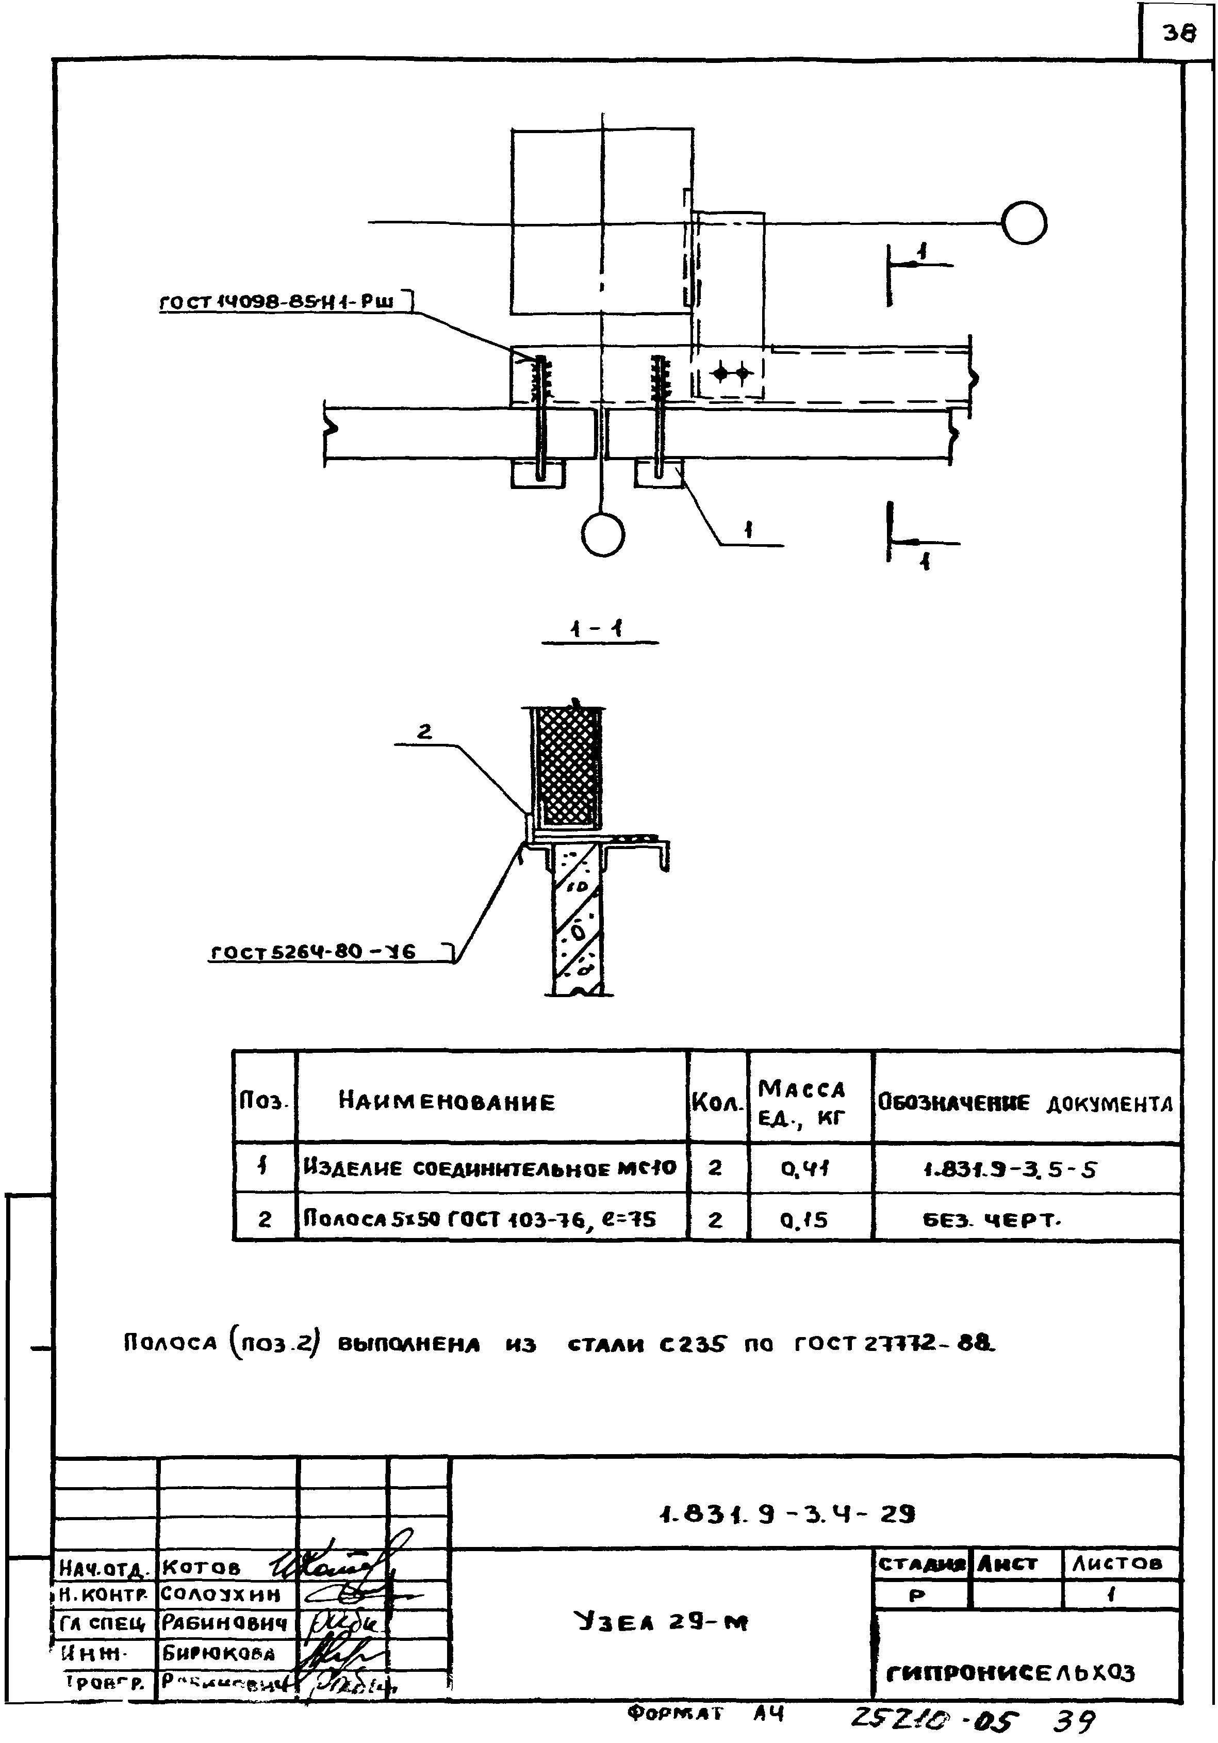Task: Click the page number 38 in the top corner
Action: click(x=1178, y=32)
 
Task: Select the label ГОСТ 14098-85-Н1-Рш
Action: click(x=278, y=301)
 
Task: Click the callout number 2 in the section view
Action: click(x=424, y=731)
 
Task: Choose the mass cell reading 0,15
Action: click(x=804, y=1219)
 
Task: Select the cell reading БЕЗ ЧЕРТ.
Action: click(x=991, y=1220)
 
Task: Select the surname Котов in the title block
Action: click(x=202, y=1567)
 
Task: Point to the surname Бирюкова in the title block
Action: click(x=219, y=1653)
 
